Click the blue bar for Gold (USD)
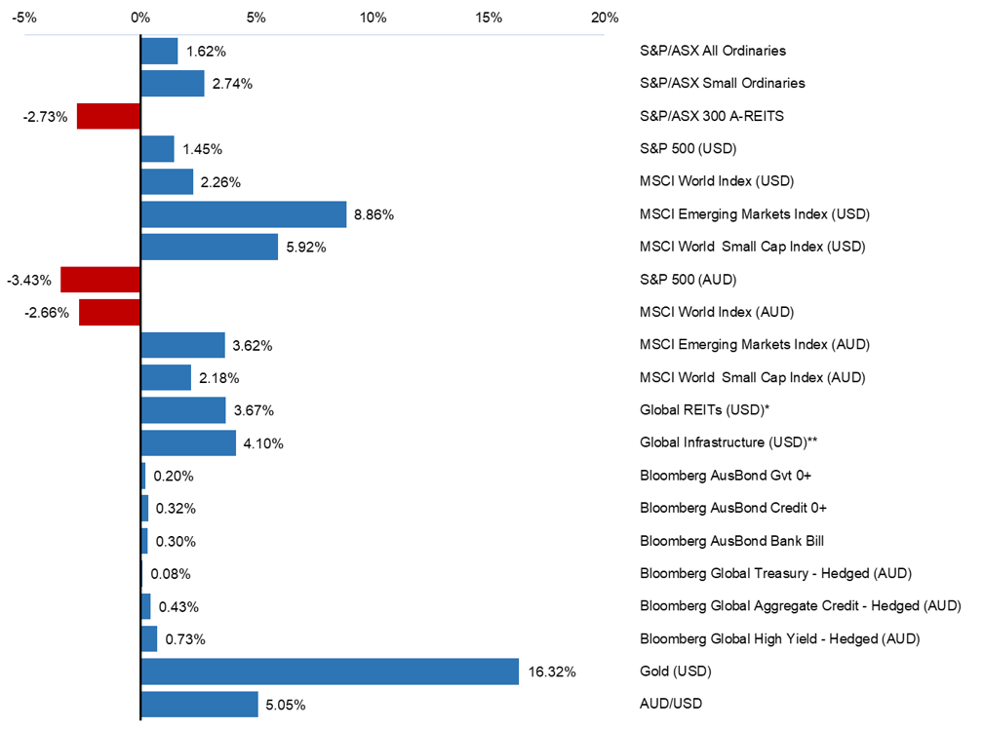pos(330,672)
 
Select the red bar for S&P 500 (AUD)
pos(100,280)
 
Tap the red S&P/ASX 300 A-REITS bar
pos(108,116)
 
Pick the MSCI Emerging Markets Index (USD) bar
pos(244,214)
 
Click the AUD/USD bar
pos(200,704)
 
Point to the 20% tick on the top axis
pos(605,18)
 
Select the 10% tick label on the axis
pos(373,18)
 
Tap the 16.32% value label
pos(551,672)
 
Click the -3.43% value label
pos(28,280)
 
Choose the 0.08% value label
pos(171,574)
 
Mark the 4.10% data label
pos(263,443)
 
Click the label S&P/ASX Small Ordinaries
pos(723,84)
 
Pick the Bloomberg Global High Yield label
pos(780,638)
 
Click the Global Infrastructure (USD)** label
pos(728,442)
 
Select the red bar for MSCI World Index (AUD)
pos(110,312)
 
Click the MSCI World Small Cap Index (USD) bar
pos(210,247)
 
